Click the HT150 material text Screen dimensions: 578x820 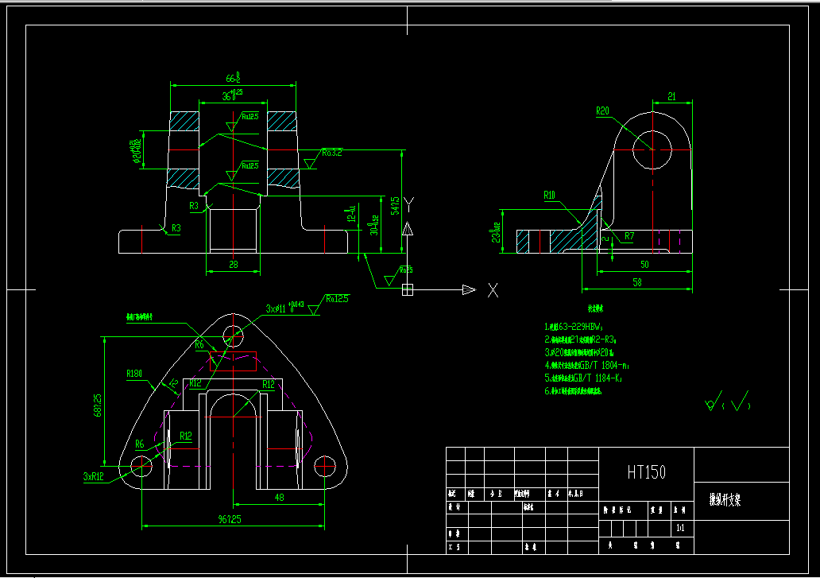click(x=646, y=472)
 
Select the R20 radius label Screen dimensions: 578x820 click(x=602, y=111)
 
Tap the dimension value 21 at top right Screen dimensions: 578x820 click(x=671, y=96)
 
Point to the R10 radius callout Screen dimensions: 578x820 click(x=550, y=195)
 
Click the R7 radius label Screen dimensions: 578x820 click(x=629, y=236)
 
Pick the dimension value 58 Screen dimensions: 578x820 click(x=636, y=282)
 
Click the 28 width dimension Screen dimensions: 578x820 click(x=234, y=264)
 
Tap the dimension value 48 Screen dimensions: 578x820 click(x=280, y=497)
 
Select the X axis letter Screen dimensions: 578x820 click(x=493, y=290)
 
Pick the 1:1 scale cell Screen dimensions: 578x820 click(x=680, y=527)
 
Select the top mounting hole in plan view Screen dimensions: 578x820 click(x=233, y=334)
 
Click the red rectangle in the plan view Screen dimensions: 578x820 click(x=233, y=360)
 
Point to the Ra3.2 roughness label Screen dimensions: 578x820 click(x=332, y=153)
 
